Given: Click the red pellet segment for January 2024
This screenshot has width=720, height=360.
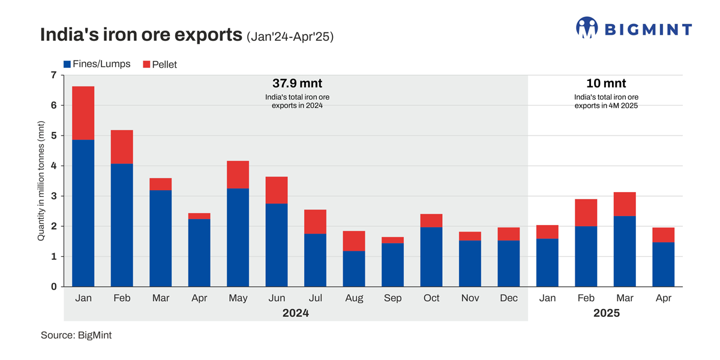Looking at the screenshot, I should (x=83, y=113).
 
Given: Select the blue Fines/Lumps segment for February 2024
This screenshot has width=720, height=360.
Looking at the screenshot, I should (x=122, y=225).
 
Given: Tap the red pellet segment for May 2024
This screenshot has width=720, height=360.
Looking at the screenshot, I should (x=238, y=175).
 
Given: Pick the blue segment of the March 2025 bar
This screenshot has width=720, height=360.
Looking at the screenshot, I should (x=625, y=251).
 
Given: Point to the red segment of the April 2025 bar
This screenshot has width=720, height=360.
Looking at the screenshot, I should (x=663, y=235).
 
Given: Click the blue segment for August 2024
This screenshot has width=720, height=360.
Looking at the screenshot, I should (x=354, y=269).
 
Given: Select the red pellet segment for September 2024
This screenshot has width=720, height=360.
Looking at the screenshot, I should (x=392, y=240).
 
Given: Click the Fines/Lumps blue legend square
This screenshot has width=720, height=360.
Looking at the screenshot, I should (x=67, y=64).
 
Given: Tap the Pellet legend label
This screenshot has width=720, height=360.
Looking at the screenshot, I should (x=165, y=64).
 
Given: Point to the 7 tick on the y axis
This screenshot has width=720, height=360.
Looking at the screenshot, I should (x=53, y=75).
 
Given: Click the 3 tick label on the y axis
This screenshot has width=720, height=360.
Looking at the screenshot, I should (x=53, y=196).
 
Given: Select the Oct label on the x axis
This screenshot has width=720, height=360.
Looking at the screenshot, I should (x=431, y=298).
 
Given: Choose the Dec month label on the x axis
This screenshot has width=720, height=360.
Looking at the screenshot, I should (x=509, y=298).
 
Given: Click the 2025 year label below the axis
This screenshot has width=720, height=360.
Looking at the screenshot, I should (x=605, y=313).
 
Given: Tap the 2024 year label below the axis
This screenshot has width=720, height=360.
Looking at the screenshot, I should (x=296, y=313).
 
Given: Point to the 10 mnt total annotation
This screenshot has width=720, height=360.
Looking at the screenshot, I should (x=605, y=83).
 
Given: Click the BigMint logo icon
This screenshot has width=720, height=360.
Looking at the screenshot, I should (x=586, y=28).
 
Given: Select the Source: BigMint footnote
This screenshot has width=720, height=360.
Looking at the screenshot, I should (x=76, y=335).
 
